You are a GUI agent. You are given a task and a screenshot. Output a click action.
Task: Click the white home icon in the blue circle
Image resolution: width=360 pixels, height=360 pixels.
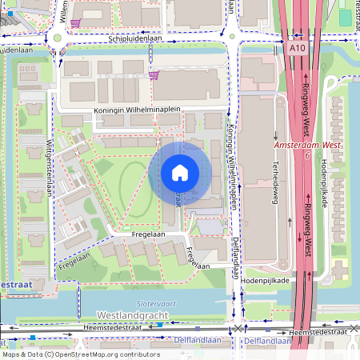180,173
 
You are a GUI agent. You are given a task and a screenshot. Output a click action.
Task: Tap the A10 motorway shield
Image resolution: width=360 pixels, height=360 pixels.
297,49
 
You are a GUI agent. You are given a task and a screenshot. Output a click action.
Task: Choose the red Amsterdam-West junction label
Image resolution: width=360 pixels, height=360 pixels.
303,146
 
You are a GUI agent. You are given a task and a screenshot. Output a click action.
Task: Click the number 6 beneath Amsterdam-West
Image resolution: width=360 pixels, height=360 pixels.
307,156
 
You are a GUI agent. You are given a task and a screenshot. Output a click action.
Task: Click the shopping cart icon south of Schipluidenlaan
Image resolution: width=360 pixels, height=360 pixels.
154,75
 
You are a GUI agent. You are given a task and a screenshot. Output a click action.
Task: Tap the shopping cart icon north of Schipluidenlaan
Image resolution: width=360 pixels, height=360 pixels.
75,23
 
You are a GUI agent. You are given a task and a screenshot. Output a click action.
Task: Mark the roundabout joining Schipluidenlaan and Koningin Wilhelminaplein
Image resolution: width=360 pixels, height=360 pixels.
231,36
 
